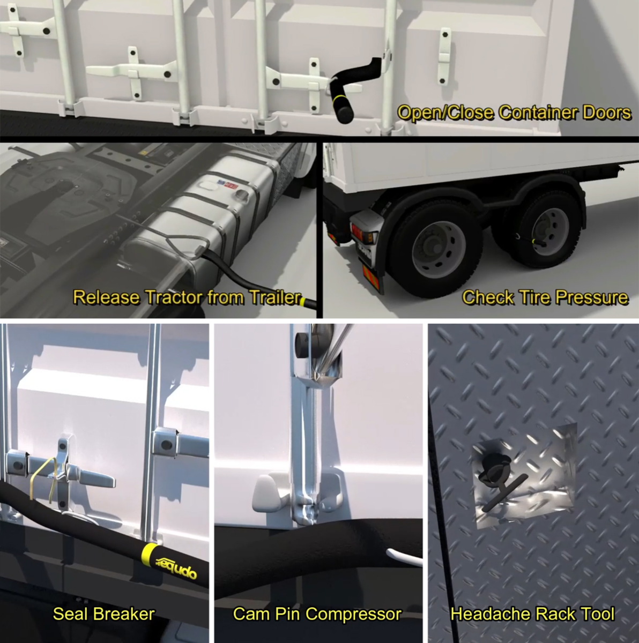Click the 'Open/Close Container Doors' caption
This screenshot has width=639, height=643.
(x=515, y=113)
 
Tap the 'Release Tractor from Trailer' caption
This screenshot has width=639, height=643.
(x=187, y=297)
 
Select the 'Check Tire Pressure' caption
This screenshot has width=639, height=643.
(x=545, y=297)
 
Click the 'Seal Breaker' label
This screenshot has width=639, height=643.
(x=104, y=614)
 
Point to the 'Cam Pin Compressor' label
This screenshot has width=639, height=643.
(x=317, y=614)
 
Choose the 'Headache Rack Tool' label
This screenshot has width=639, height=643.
(x=532, y=614)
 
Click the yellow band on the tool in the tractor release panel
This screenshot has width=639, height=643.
(x=303, y=302)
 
